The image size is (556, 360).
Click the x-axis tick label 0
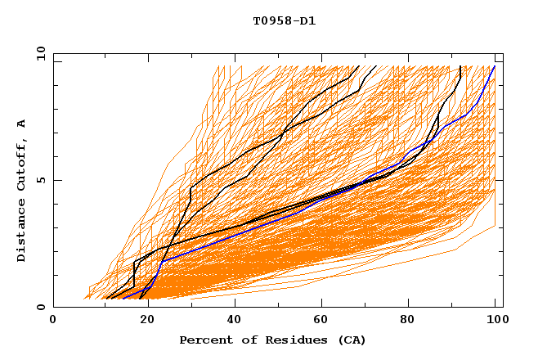click(53, 320)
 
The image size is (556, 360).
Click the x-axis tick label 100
click(495, 320)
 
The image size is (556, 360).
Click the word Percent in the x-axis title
click(203, 340)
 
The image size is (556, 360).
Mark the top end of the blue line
click(495, 66)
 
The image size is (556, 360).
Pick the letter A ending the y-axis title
click(22, 124)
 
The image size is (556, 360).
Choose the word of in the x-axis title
click(240, 340)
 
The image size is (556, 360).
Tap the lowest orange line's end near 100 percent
click(495, 226)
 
